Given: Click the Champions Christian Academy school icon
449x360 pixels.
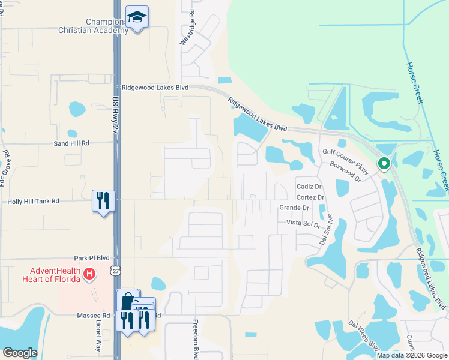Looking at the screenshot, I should point(137,18).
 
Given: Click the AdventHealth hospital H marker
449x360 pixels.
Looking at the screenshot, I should point(89,274).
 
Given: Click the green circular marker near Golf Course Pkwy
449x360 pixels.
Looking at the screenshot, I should point(383,163).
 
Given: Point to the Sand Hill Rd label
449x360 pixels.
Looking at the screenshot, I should point(71,143).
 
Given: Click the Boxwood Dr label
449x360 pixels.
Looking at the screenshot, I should point(345,172).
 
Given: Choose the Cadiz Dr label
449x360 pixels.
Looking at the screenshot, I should point(310,187).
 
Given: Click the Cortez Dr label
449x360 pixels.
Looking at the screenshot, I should point(310,197).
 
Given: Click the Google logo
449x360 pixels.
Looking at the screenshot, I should point(20,353).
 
